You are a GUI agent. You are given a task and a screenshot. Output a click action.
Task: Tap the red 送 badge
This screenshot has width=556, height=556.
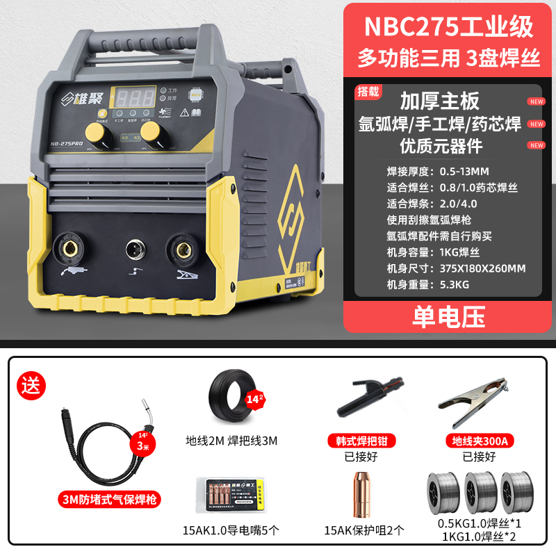(33, 384)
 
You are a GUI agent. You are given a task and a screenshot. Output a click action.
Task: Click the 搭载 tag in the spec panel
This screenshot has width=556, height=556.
(369, 91)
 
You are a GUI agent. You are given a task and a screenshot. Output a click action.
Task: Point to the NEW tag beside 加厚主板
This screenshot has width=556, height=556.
(536, 101)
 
